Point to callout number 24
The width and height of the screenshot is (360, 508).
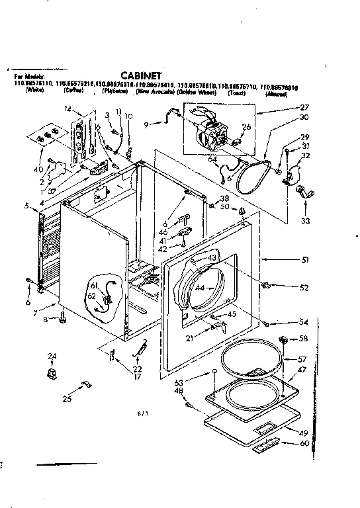point(51,357)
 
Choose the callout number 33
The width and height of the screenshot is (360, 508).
point(305,222)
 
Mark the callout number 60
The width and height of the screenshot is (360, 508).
point(305,443)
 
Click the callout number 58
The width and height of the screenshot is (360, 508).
point(304,338)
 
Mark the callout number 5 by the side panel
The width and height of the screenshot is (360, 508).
point(27,206)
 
